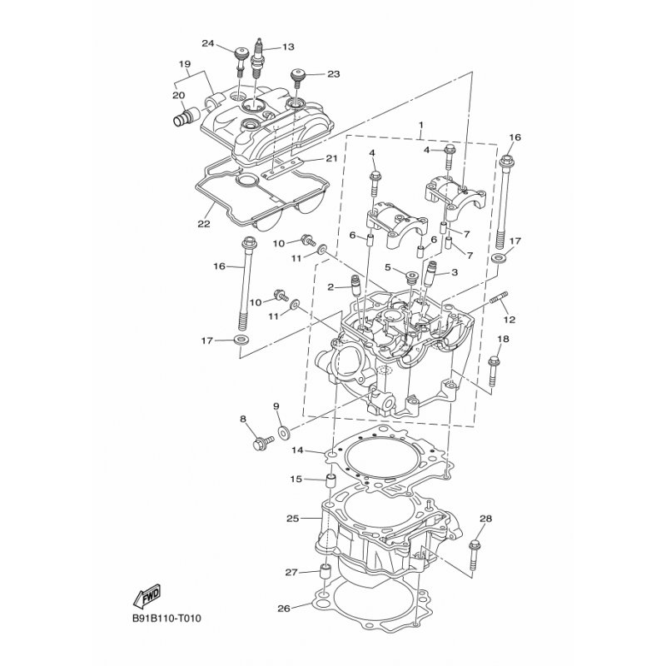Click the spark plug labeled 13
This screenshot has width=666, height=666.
[256, 58]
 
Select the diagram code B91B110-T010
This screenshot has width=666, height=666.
[166, 618]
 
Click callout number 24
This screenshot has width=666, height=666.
[207, 43]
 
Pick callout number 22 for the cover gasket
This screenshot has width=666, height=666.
[204, 223]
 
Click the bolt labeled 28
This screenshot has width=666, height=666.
[475, 555]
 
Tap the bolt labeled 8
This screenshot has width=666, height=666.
[262, 442]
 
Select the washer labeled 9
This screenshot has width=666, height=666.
[283, 432]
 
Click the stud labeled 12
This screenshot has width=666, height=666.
[499, 298]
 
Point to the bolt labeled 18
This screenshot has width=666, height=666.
[493, 371]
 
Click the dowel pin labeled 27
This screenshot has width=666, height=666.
[325, 575]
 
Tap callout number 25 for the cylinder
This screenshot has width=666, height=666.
[293, 519]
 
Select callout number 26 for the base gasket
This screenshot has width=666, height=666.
[284, 609]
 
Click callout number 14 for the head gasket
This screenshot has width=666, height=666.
[297, 450]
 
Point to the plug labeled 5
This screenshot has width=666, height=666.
[411, 279]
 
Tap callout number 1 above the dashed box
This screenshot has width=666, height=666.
[421, 126]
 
